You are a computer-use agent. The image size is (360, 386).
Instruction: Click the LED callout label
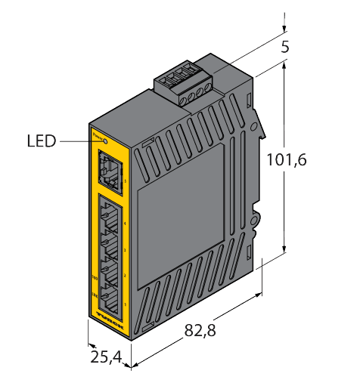tap(42, 141)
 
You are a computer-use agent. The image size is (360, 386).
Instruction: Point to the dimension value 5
tap(284, 47)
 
